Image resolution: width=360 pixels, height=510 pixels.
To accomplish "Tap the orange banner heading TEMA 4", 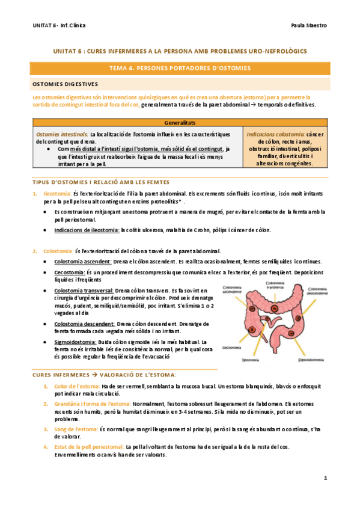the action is coord(180,69).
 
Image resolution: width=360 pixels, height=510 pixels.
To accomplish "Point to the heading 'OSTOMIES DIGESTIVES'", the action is coord(66,84).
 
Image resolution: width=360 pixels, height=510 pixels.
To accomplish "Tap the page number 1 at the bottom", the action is coord(325,478).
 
